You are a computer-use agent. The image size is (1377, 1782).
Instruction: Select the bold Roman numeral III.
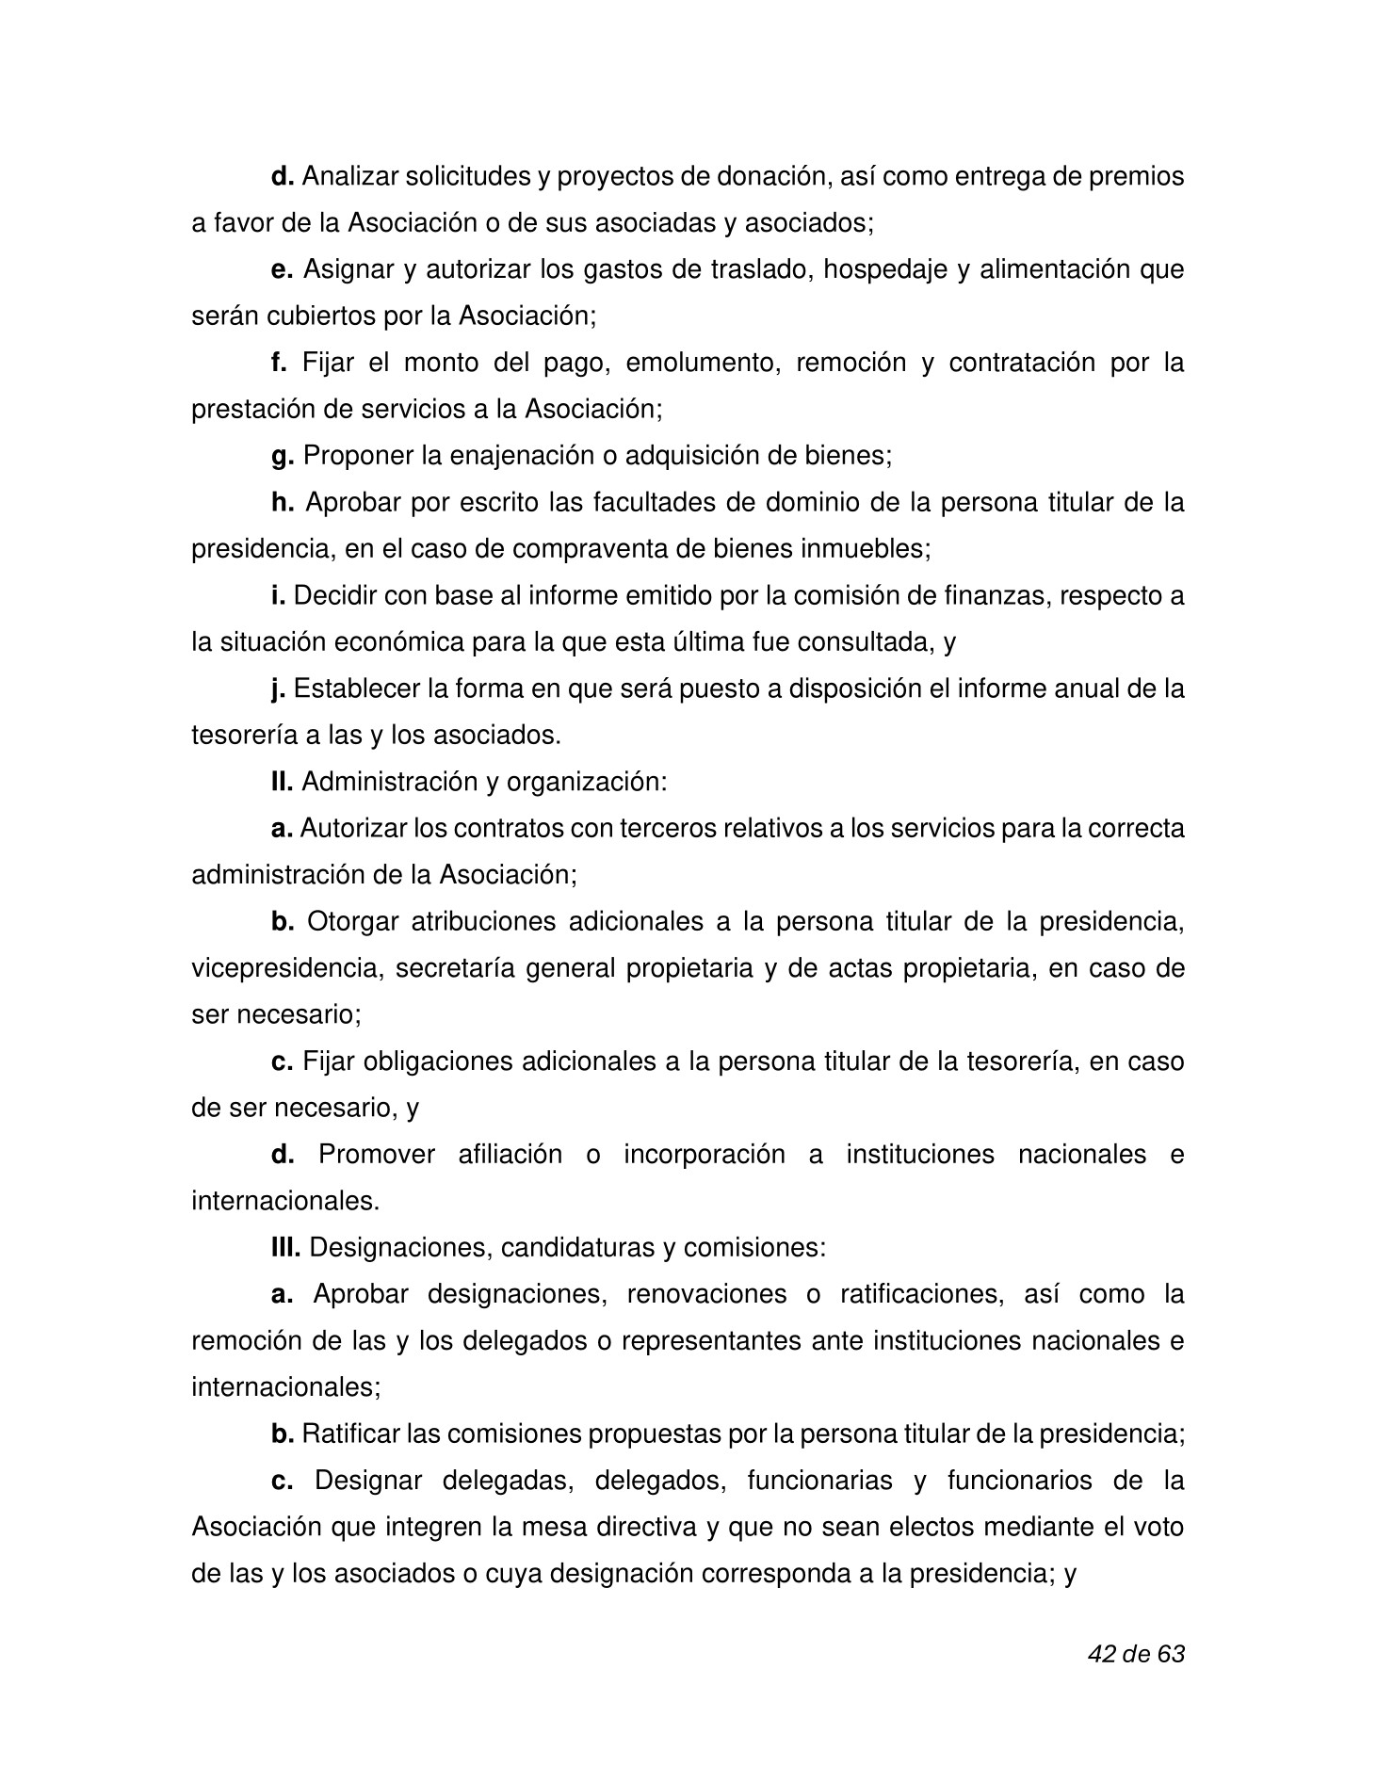point(285,1248)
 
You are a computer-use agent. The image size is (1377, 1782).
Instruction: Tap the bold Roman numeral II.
point(283,782)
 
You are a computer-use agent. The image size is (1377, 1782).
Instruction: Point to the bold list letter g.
point(283,457)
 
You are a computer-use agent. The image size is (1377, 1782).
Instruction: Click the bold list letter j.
point(278,689)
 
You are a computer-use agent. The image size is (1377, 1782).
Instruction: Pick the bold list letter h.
point(283,503)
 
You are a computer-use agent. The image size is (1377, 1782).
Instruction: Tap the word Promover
point(376,1155)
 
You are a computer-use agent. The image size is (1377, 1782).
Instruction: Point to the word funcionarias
point(818,1481)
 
